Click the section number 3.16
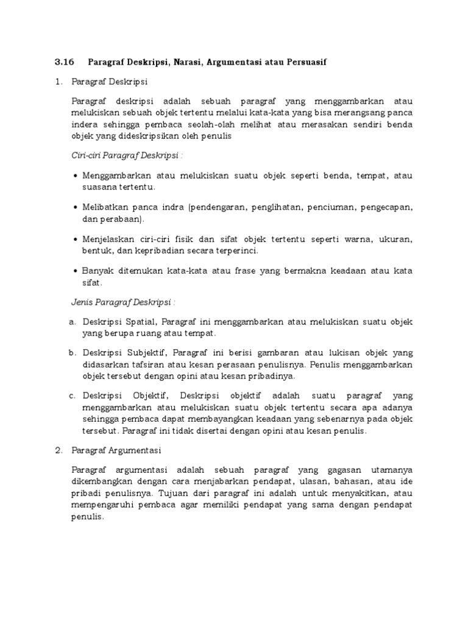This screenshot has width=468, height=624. [x=64, y=62]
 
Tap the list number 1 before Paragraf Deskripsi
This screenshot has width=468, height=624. [x=58, y=81]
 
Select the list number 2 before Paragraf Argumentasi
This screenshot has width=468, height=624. [x=58, y=450]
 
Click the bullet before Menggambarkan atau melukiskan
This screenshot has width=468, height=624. [x=75, y=175]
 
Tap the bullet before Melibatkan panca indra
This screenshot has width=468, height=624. [x=75, y=208]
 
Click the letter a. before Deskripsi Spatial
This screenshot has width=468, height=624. [x=72, y=322]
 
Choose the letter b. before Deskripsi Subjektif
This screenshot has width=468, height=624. [x=72, y=353]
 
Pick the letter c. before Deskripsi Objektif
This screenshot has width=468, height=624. [x=72, y=397]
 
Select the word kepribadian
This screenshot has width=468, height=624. [x=160, y=250]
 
